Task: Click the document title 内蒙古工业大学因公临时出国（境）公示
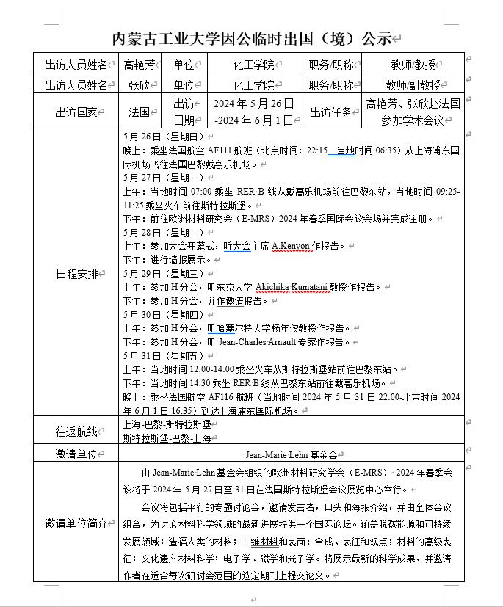point(251,39)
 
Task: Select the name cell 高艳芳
point(140,65)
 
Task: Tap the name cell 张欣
point(140,84)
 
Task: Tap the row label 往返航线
point(76,431)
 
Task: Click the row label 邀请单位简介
point(76,523)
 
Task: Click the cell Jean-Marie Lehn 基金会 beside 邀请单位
point(291,454)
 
